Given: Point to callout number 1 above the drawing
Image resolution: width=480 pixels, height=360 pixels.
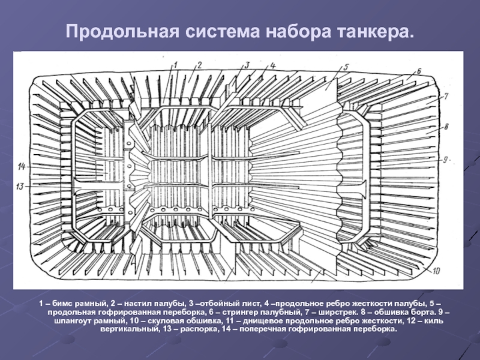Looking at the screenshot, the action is tap(176, 64).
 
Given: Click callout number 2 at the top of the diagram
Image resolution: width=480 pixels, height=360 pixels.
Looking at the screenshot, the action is tap(199, 64).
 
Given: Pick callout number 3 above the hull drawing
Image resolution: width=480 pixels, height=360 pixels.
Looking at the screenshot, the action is tap(246, 64).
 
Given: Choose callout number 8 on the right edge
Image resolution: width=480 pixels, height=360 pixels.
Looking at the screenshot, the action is tap(446, 127).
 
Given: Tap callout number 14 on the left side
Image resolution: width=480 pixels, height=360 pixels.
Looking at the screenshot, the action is tap(22, 165).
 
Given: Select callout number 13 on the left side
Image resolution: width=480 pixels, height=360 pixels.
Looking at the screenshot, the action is tap(20, 187).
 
